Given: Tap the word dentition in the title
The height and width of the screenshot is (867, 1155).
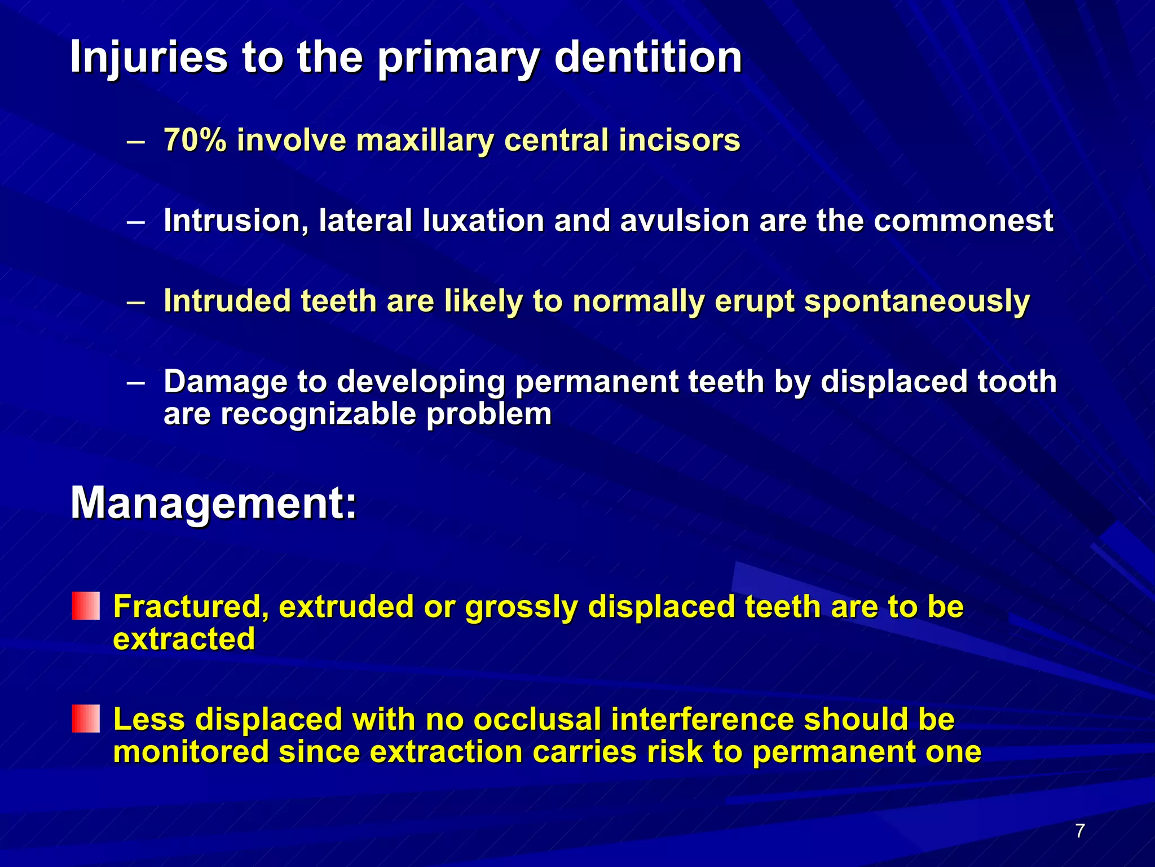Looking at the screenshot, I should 648,58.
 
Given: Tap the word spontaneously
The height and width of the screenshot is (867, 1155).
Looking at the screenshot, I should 916,301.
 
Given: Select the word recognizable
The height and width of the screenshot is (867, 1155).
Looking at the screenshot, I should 318,414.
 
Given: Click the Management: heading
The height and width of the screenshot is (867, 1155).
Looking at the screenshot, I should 214,503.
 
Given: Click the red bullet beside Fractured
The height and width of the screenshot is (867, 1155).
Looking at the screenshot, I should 86,606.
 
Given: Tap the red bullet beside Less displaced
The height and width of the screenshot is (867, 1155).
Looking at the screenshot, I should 86,719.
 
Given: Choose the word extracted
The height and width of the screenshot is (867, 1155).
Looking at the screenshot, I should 184,639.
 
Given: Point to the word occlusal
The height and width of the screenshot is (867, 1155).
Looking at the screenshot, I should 537,720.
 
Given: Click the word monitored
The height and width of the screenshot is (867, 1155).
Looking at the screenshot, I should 191,752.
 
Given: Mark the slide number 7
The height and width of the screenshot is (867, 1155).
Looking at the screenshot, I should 1079,831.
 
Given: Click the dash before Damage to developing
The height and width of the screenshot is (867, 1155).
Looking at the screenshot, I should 136,383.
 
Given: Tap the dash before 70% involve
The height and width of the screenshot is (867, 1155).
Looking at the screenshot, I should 136,141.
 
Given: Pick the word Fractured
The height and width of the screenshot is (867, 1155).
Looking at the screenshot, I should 191,607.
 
